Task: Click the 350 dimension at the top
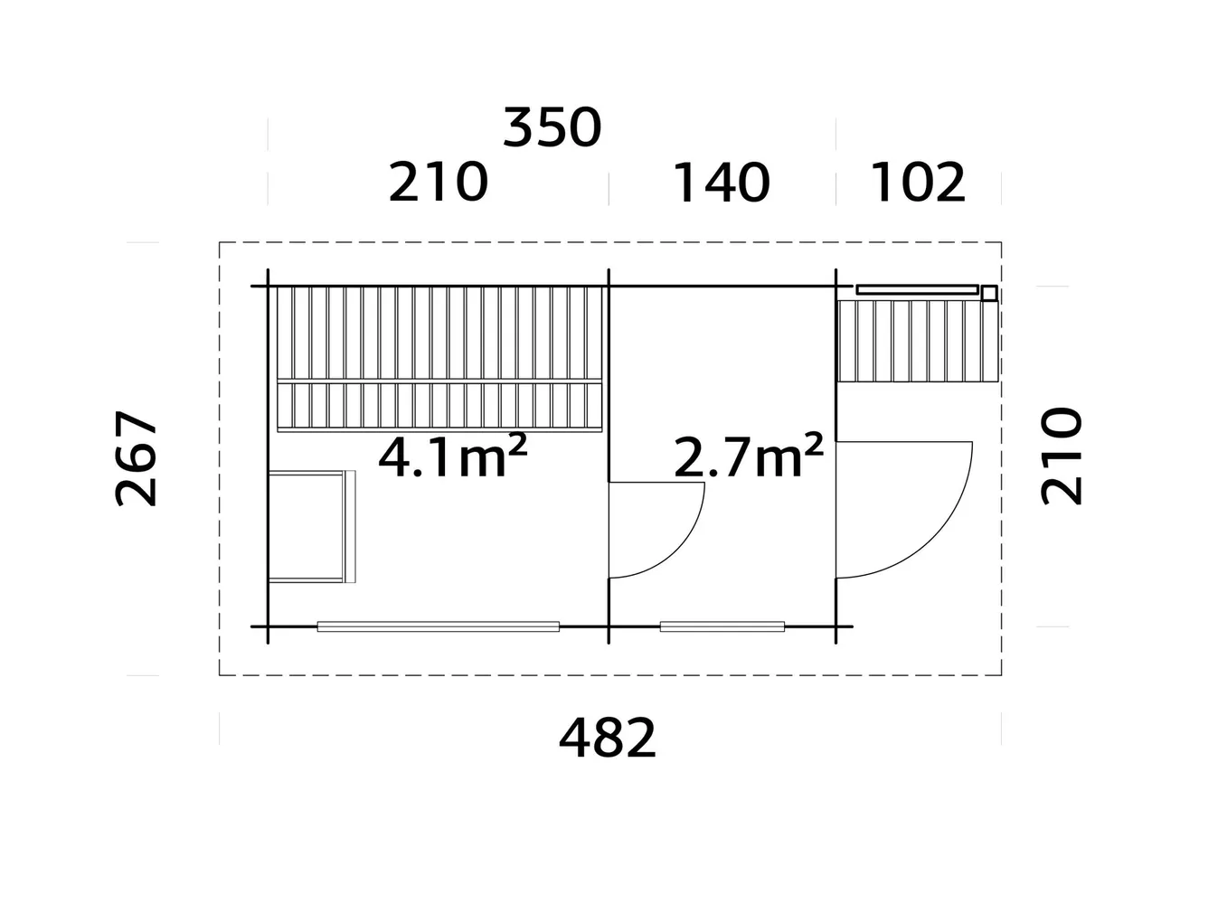pyautogui.click(x=552, y=127)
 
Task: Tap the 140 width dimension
pyautogui.click(x=721, y=183)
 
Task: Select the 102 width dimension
pyautogui.click(x=918, y=183)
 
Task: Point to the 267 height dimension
pyautogui.click(x=137, y=458)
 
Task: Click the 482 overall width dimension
pyautogui.click(x=607, y=738)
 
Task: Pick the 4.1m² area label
pyautogui.click(x=452, y=456)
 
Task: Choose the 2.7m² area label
pyautogui.click(x=748, y=456)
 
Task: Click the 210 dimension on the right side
pyautogui.click(x=1062, y=456)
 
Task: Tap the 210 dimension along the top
pyautogui.click(x=438, y=183)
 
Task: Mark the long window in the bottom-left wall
pyautogui.click(x=438, y=626)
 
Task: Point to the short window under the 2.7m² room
pyautogui.click(x=722, y=626)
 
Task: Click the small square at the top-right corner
pyautogui.click(x=989, y=292)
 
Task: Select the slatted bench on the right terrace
pyautogui.click(x=915, y=341)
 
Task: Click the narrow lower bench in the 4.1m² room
pyautogui.click(x=439, y=404)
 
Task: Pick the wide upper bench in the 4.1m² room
pyautogui.click(x=439, y=332)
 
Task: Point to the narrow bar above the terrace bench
pyautogui.click(x=917, y=290)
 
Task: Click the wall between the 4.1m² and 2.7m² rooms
pyautogui.click(x=609, y=380)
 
